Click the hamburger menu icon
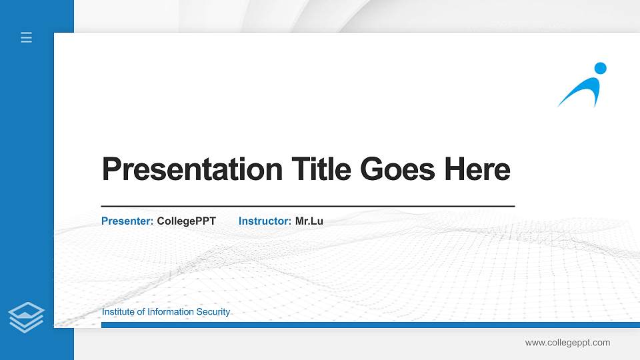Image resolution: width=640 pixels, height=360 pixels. pos(27,38)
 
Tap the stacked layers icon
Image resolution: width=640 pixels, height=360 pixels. pos(27,317)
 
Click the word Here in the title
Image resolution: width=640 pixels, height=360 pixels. pos(477,169)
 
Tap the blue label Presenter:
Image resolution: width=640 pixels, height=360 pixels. pos(127,221)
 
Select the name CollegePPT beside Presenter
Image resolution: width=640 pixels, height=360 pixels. pos(186,221)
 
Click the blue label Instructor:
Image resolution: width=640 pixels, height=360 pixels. pos(265,221)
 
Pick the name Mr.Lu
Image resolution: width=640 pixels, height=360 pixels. pos(309,221)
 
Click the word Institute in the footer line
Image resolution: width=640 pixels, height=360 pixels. pos(118,312)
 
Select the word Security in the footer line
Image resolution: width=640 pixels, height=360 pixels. pos(213,312)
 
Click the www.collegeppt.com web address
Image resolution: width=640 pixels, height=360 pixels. pos(567,343)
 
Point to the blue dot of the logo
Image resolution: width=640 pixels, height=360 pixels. pos(600,68)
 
